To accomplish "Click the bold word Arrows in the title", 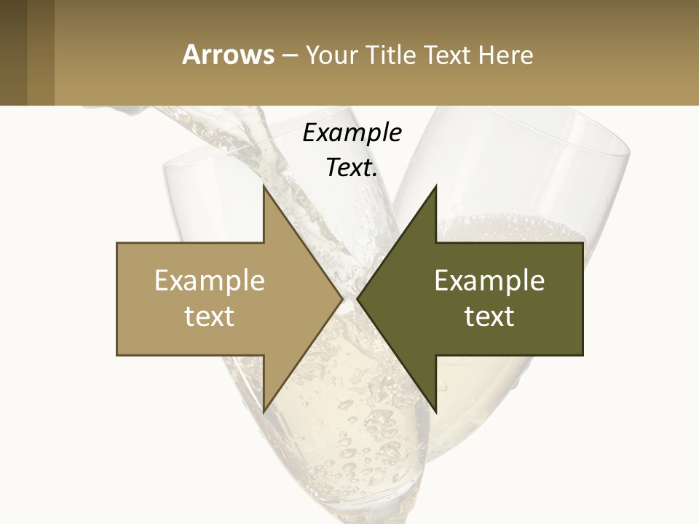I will [x=228, y=55].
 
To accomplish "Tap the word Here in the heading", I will [x=505, y=55].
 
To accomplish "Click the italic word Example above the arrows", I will [x=352, y=133].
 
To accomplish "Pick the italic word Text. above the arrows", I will [x=352, y=167].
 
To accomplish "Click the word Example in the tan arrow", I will [x=210, y=281].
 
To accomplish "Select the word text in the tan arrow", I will [x=210, y=316].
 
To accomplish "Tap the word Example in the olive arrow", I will [x=489, y=281].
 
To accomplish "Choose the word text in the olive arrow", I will [x=489, y=316].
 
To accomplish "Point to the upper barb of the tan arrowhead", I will [x=264, y=191].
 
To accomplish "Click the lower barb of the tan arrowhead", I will [x=264, y=408].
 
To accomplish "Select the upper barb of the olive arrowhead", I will [x=435, y=191].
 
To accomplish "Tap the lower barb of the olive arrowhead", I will [x=435, y=408].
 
